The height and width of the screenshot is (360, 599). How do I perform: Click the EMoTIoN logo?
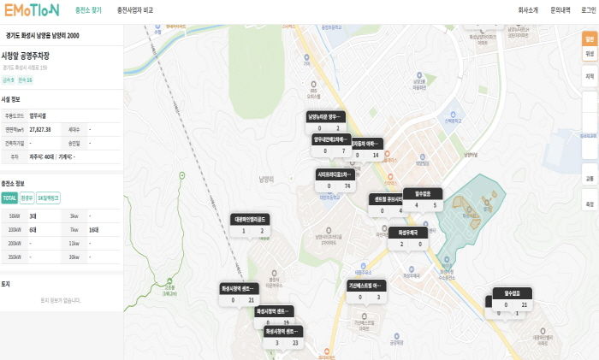tap(33, 10)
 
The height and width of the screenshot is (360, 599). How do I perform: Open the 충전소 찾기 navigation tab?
tap(88, 10)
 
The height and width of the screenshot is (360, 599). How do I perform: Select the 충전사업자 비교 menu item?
tap(135, 10)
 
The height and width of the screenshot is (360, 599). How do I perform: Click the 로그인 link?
tap(589, 10)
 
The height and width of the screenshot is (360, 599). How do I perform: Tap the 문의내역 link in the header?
tap(560, 10)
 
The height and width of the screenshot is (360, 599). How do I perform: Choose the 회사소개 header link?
tap(528, 10)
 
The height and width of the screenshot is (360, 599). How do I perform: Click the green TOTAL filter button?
tap(9, 198)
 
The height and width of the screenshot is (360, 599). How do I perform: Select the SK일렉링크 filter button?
tap(48, 198)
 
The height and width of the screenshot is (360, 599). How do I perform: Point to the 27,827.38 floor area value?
tap(41, 129)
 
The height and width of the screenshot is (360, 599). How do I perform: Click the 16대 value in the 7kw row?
tap(93, 230)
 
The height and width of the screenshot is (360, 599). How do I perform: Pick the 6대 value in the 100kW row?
tap(33, 230)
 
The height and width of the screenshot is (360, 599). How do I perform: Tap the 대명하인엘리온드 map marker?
tap(251, 225)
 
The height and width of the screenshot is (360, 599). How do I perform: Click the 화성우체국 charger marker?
tap(406, 238)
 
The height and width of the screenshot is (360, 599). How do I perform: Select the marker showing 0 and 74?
tap(335, 180)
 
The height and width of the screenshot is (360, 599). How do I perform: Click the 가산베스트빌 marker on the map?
tap(367, 291)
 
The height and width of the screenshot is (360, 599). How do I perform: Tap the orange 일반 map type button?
tap(589, 38)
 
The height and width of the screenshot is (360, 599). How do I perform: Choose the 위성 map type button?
tap(589, 53)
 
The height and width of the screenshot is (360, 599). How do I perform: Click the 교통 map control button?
tap(589, 179)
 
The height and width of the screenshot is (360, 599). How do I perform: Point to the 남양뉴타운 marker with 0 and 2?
tap(326, 121)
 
